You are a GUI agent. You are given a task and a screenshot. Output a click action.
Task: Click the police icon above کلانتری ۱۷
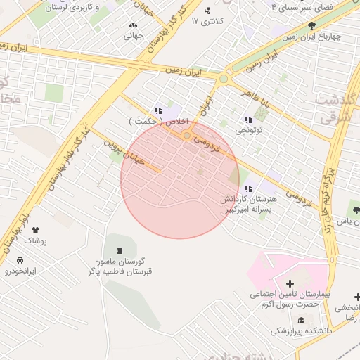(x=207, y=11)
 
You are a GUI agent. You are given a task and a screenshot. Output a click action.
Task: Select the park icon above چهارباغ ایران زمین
(x=311, y=26)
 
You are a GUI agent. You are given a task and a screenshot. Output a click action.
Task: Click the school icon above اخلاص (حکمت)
(x=158, y=110)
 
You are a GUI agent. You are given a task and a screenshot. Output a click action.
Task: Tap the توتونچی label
(x=249, y=131)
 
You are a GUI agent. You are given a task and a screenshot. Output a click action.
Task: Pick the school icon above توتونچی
(x=248, y=120)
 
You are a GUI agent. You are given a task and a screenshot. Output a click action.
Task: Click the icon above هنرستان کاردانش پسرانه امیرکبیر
(x=248, y=188)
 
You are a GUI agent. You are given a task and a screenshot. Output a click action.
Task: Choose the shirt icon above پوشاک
(x=36, y=230)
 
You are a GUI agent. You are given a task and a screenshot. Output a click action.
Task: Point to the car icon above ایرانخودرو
(x=19, y=260)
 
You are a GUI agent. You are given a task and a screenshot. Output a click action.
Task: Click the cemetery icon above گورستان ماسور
(x=118, y=250)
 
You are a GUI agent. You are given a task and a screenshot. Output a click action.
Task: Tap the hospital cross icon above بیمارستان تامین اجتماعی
(x=290, y=283)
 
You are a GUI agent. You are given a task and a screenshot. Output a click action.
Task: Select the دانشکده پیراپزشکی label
(x=304, y=330)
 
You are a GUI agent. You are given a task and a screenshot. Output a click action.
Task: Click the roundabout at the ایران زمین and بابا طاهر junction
(x=224, y=79)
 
